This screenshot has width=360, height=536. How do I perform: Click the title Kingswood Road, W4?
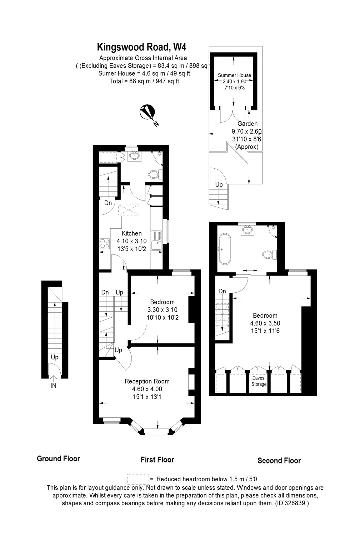tap(142, 47)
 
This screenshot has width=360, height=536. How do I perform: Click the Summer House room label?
tap(234, 75)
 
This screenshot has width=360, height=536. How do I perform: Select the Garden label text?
tap(247, 124)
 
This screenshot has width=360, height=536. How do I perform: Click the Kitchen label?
tap(131, 233)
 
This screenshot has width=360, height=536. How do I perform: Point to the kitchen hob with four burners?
tap(105, 243)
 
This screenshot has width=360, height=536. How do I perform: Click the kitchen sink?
tap(156, 240)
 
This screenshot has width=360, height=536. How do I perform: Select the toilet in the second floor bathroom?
tap(268, 254)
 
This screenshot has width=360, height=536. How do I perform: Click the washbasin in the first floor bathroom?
tap(134, 155)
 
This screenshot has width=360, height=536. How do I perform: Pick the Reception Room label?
tap(147, 381)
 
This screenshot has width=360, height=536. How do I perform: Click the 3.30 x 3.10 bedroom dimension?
tap(162, 310)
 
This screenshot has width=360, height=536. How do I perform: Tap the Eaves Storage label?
tap(259, 381)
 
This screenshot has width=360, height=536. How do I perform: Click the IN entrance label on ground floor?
tap(54, 386)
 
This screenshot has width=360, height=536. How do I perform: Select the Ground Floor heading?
tap(58, 458)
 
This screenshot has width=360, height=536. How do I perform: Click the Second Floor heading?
tap(279, 461)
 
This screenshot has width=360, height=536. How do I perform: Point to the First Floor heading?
tap(157, 460)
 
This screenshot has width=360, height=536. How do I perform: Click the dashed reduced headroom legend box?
tap(137, 479)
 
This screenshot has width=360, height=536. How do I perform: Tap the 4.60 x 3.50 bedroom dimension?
tap(265, 323)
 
